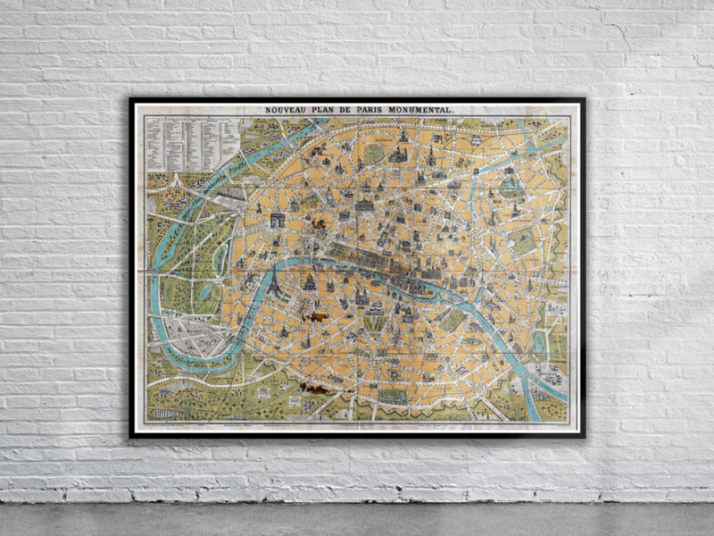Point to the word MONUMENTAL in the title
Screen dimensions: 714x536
pyautogui.click(x=428, y=110)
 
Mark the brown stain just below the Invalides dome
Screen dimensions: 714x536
pyautogui.click(x=313, y=314)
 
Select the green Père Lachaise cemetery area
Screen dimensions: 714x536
pyautogui.click(x=525, y=241)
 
